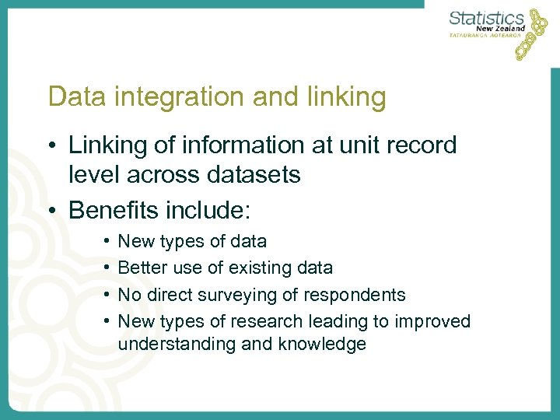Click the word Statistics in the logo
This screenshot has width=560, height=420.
pos(488,17)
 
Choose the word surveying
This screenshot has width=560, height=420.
pos(248,295)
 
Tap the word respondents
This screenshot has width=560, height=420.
pos(359,295)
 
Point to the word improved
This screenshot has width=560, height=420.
pos(433,321)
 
